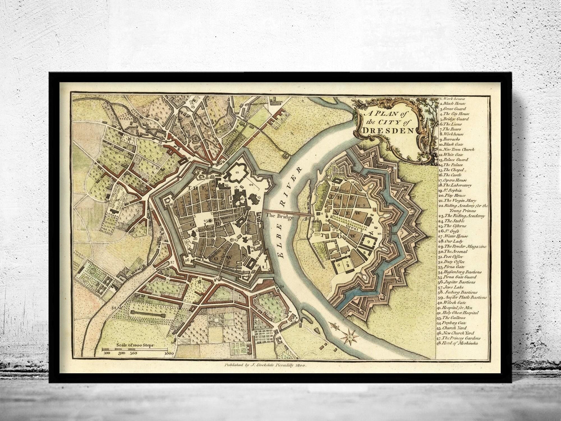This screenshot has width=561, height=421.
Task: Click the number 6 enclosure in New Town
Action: pyautogui.click(x=339, y=264)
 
